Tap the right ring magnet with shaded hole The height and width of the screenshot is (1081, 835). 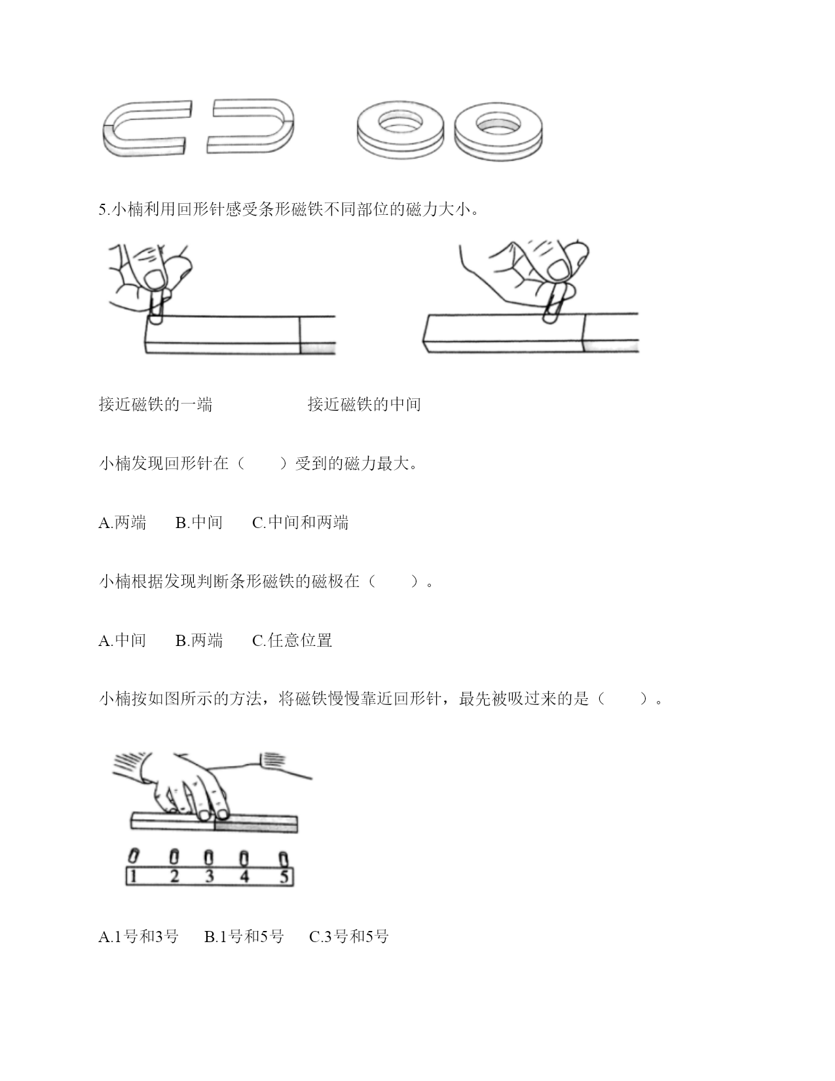(498, 131)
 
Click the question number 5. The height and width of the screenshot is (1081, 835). (103, 210)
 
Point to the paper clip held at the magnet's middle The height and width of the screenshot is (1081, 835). (554, 303)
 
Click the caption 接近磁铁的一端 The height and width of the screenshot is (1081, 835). (156, 404)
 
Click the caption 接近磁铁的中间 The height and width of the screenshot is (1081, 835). (364, 404)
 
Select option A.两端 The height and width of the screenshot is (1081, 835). (122, 522)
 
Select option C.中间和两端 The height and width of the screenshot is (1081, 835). (301, 522)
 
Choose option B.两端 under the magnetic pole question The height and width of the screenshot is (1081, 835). (199, 640)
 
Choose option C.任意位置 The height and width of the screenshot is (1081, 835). (292, 640)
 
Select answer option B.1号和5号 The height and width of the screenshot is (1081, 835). (244, 937)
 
